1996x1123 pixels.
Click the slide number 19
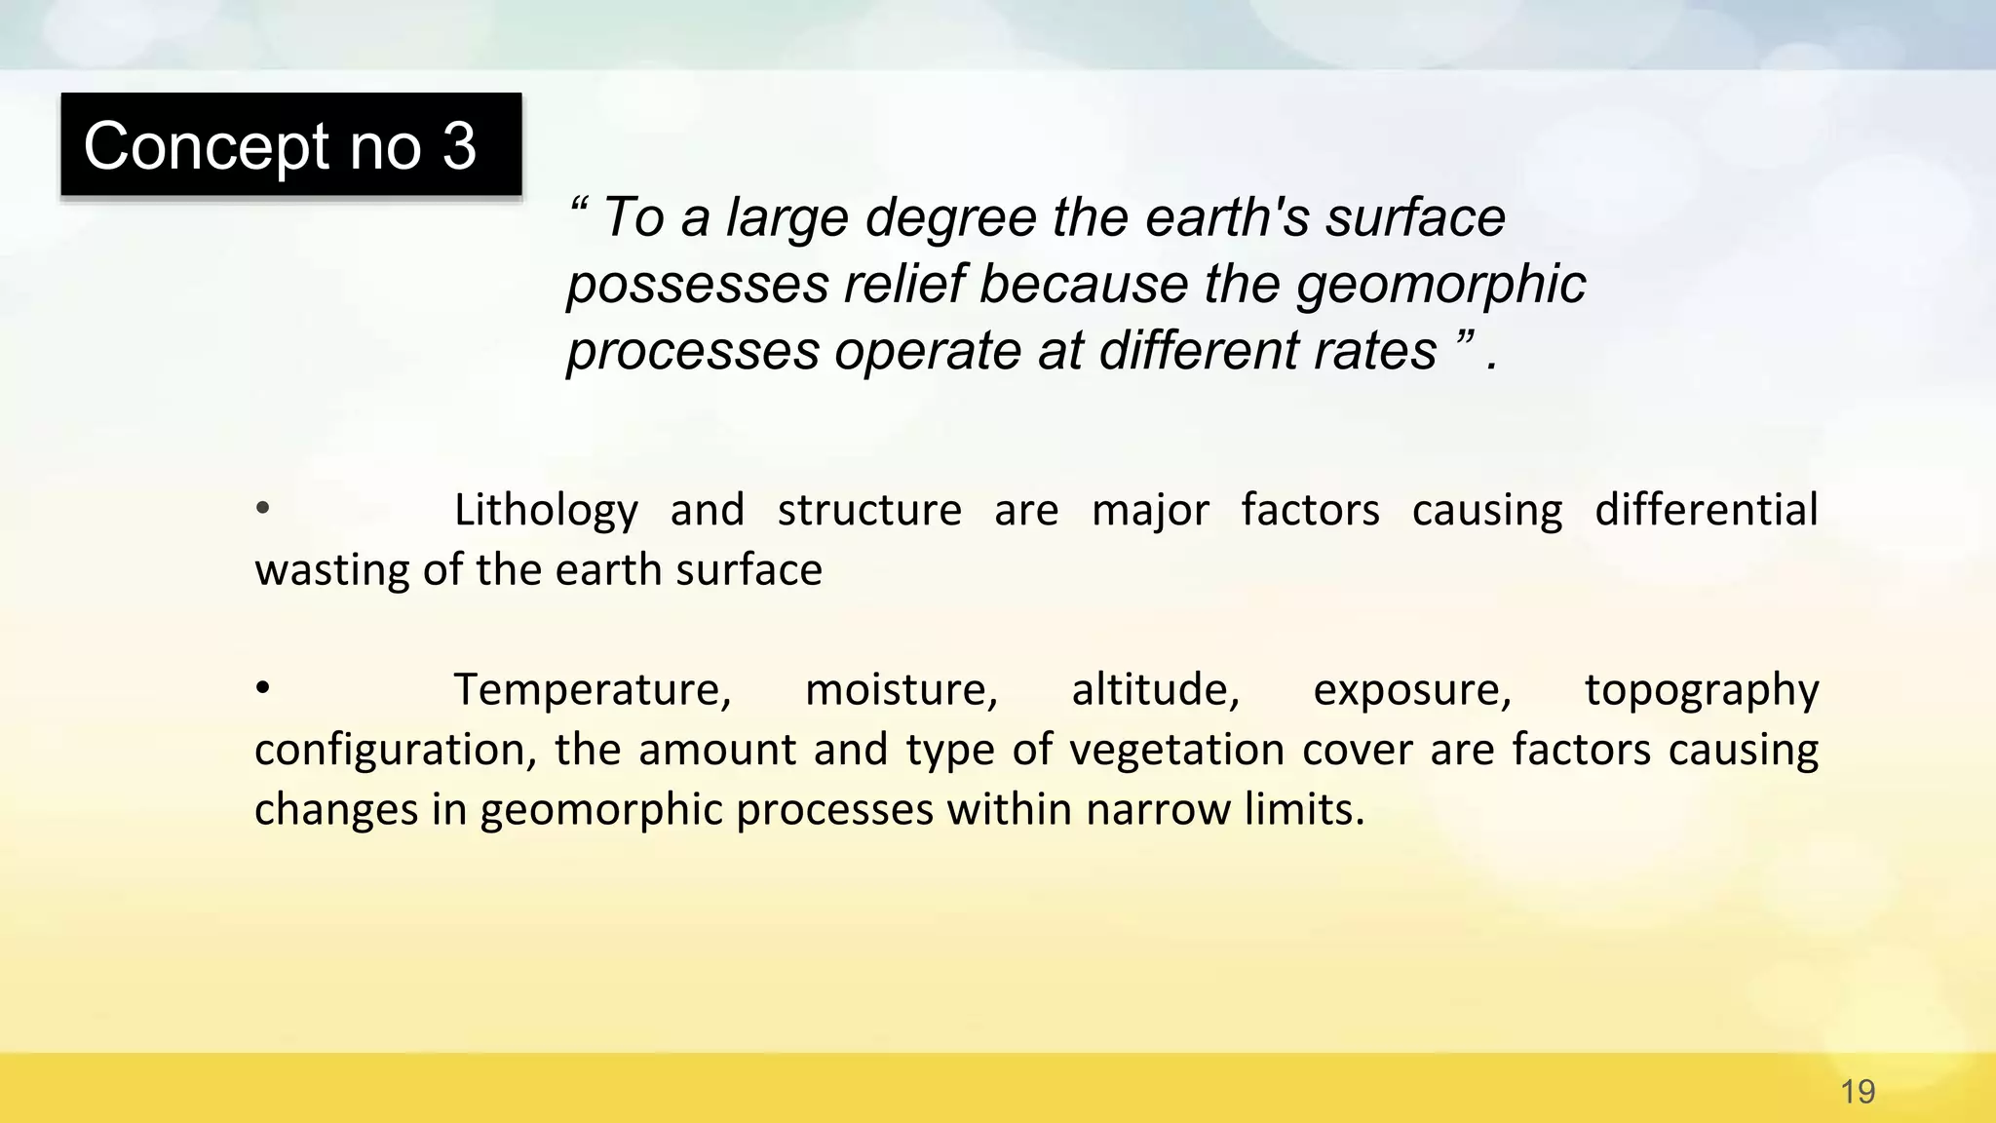tap(1858, 1092)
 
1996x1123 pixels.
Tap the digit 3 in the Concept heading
tap(459, 146)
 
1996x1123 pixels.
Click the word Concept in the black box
tap(207, 146)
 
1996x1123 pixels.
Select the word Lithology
tap(546, 511)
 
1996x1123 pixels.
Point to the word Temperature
tap(593, 690)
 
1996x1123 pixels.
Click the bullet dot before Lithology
tap(262, 508)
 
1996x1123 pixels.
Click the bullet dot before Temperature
tap(262, 688)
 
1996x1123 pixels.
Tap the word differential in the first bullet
tap(1706, 509)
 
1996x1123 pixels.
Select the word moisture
tap(902, 690)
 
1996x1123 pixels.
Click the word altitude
tap(1155, 690)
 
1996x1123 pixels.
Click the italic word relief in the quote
tap(903, 285)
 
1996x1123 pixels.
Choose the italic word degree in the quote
tap(950, 218)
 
